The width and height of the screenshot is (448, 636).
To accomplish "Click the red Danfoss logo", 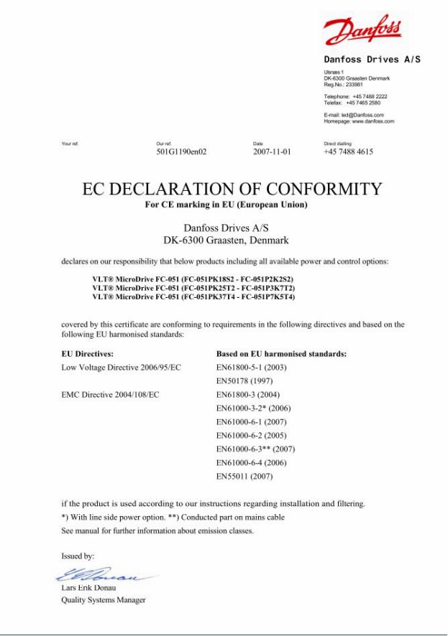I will (362, 31).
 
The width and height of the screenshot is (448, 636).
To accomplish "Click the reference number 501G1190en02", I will (181, 152).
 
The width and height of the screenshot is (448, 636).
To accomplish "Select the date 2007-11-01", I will (272, 152).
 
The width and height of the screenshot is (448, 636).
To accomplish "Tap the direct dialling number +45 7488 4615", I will (348, 152).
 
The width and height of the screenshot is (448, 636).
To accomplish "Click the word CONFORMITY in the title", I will (324, 190).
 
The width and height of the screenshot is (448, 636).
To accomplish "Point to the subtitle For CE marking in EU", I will (226, 205).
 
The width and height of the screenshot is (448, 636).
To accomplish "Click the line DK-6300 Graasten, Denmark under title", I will (226, 240).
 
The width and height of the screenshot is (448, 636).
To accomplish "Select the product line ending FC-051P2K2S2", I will (193, 279).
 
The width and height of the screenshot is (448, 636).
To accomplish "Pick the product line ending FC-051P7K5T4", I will (193, 296).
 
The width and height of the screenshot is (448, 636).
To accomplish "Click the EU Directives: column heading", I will (88, 354).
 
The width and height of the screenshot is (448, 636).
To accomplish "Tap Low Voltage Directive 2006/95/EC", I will (122, 368).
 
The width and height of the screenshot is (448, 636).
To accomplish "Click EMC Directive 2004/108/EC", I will (111, 395).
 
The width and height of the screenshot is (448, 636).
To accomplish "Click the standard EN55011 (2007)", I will (244, 476).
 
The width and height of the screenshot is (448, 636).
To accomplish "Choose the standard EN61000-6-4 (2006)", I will (252, 462).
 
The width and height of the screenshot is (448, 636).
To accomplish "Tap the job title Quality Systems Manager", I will (104, 600).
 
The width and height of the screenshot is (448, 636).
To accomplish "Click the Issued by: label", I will (78, 556).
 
